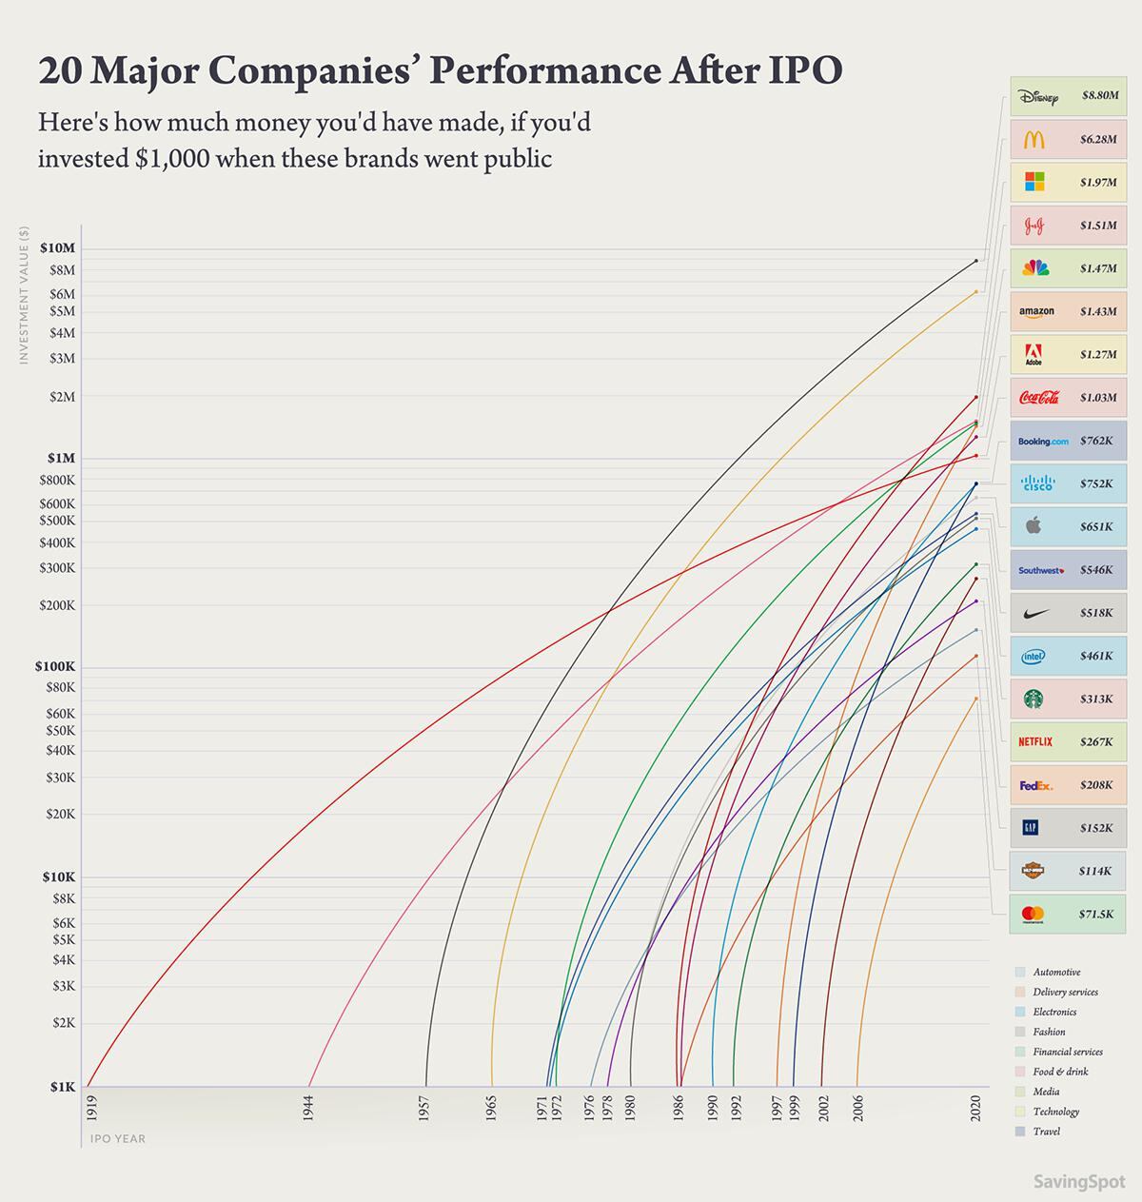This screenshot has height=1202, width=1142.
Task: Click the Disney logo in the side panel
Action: [1037, 96]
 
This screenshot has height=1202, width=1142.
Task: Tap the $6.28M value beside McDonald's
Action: [1097, 139]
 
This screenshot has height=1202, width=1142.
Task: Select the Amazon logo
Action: [1036, 311]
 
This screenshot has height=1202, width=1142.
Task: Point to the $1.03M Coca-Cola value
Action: [1097, 397]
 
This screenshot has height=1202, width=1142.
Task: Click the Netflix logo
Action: [1035, 741]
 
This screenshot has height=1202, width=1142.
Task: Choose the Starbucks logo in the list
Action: [1034, 699]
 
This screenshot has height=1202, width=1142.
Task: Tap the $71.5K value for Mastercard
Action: [1095, 914]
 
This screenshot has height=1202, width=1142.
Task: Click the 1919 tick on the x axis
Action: [91, 1106]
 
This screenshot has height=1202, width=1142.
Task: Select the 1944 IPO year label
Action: [308, 1108]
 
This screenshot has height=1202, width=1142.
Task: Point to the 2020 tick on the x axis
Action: [975, 1108]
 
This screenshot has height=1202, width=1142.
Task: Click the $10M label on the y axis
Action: [57, 247]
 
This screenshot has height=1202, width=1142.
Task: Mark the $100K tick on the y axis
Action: [55, 666]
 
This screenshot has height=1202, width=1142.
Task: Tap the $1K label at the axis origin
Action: [63, 1087]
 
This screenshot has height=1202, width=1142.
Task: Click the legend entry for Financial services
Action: [1067, 1052]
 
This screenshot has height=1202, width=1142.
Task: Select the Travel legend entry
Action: [1046, 1132]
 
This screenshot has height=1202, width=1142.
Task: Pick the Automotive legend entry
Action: [1056, 972]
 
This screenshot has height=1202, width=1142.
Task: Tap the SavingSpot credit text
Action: [1079, 1182]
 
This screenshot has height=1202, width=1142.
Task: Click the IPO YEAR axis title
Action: [118, 1138]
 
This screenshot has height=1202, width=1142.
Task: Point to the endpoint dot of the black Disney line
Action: [975, 261]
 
